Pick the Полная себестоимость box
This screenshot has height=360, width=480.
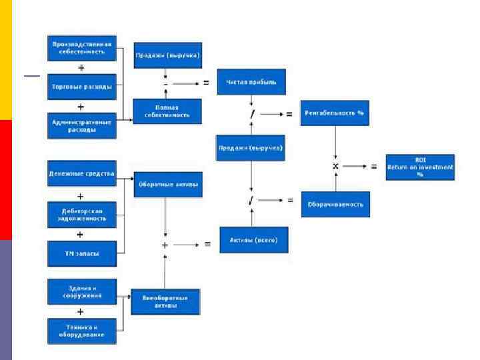[x=167, y=111]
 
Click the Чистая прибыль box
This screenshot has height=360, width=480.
[x=251, y=82]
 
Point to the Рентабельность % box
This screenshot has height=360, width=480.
[x=335, y=113]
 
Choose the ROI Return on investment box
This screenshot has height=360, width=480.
[x=420, y=168]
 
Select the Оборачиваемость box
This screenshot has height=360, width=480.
[x=335, y=204]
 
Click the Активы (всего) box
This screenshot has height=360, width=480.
[x=253, y=240]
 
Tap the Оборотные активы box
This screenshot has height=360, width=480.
[x=167, y=185]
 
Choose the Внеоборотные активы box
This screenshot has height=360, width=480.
[x=165, y=301]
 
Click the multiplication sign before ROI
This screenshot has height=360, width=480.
[x=336, y=166]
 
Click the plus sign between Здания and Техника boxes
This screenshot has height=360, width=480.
[x=81, y=311]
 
